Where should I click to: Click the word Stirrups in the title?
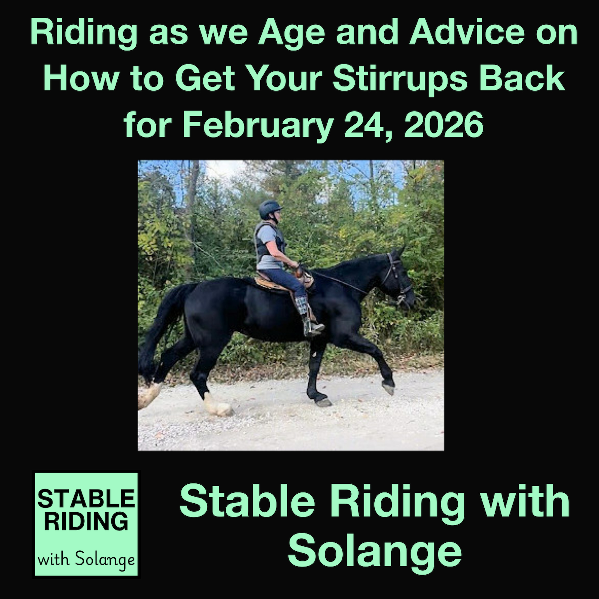pos(400,79)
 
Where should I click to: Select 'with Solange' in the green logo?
pos(86,560)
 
